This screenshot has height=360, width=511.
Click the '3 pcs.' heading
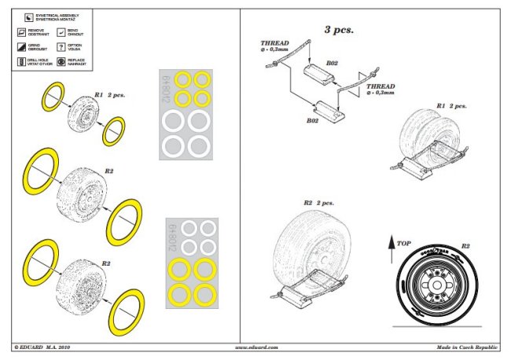click(339, 29)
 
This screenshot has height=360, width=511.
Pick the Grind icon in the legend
click(20, 46)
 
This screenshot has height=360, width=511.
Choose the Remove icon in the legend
click(20, 33)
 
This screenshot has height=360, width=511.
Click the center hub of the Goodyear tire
click(436, 286)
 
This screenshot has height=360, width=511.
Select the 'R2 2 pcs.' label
click(316, 203)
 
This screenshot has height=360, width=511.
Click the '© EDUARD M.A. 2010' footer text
click(46, 347)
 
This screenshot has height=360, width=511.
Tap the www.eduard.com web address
click(256, 347)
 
